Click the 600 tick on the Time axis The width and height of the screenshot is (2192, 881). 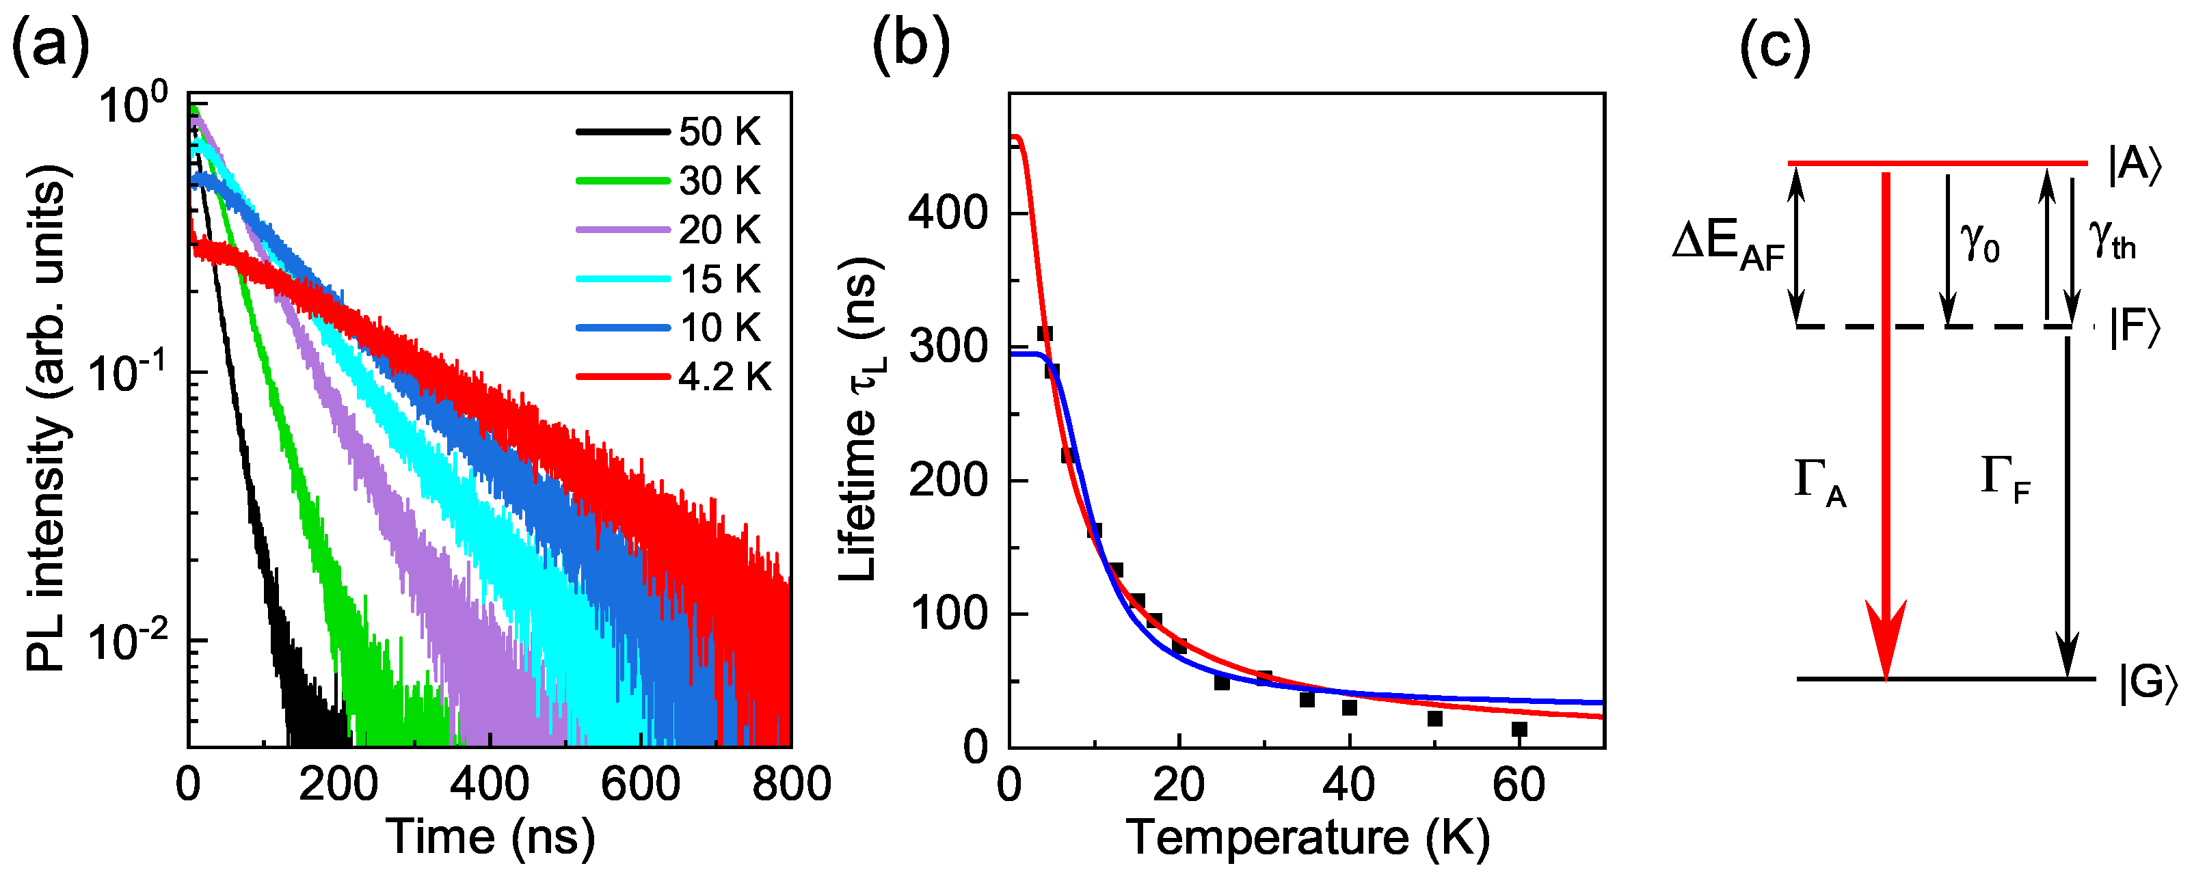click(x=640, y=783)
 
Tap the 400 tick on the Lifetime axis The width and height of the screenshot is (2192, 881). click(x=947, y=212)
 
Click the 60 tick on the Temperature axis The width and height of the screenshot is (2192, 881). click(x=1519, y=785)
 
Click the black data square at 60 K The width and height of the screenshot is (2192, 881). click(x=1519, y=729)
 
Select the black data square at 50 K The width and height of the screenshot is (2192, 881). click(x=1434, y=718)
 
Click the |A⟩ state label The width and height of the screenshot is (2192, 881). click(x=2134, y=164)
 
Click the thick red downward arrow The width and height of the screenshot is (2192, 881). click(x=1886, y=425)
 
